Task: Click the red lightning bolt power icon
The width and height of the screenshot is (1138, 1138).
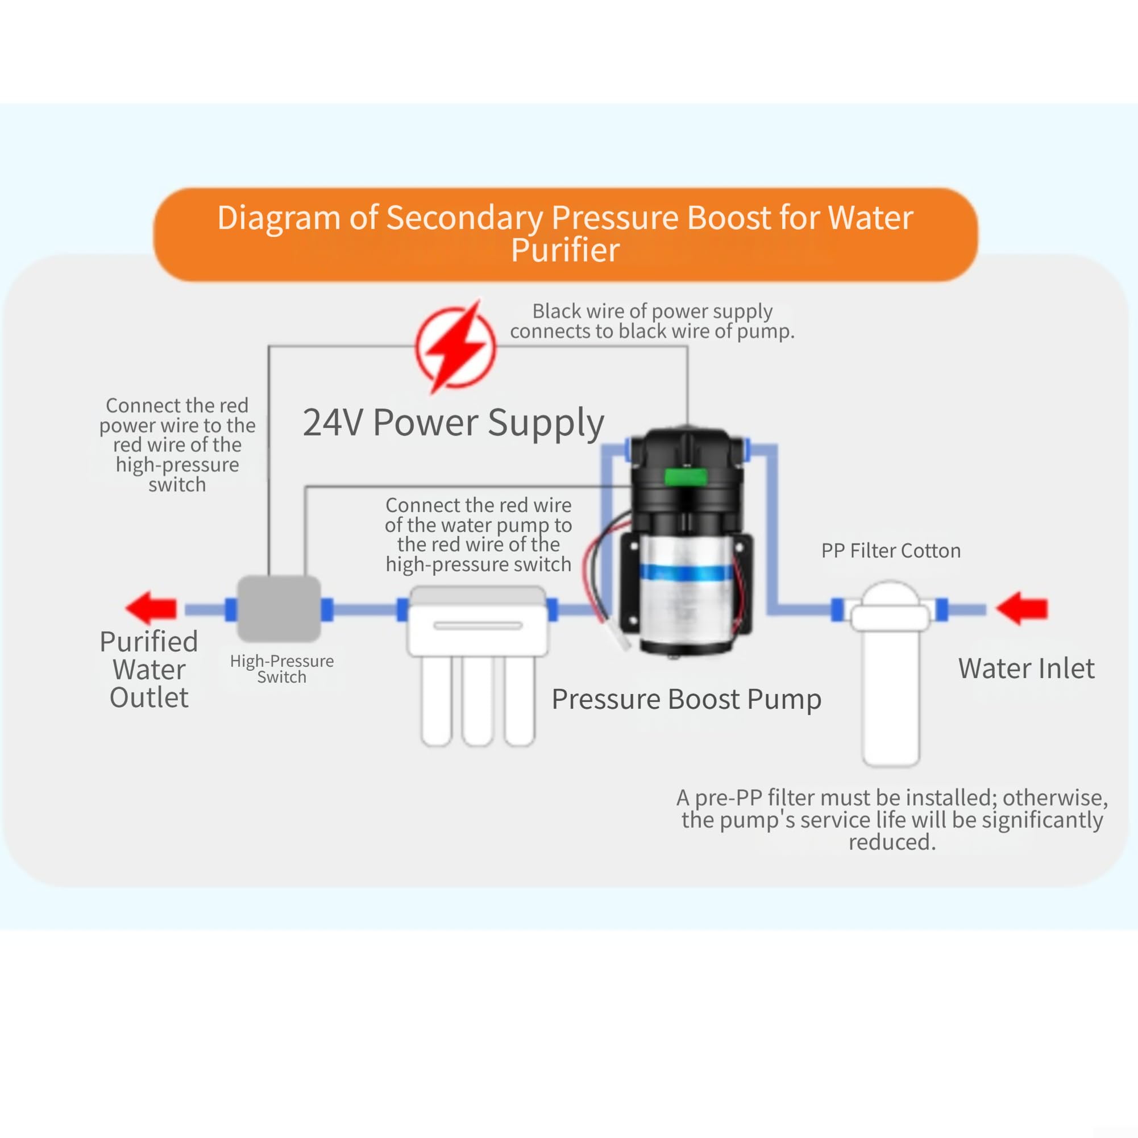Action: pos(455,346)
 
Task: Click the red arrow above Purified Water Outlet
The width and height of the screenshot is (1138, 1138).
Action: pos(151,608)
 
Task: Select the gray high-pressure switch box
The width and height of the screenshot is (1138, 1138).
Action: pos(279,608)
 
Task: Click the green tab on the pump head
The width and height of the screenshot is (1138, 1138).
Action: pos(685,476)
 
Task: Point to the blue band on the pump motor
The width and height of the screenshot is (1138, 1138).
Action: pos(686,572)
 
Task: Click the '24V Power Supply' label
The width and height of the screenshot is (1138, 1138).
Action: pos(454,423)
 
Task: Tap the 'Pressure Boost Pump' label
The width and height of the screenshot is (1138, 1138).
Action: pos(686,699)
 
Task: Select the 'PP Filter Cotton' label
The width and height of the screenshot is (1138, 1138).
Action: pos(891,550)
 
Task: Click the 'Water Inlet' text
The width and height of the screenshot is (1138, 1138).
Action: pos(1026,668)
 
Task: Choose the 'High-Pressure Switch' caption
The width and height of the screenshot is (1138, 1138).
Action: pos(281,668)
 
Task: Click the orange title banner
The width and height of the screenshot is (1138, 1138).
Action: pos(566,234)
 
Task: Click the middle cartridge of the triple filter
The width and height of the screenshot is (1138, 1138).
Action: pos(477,701)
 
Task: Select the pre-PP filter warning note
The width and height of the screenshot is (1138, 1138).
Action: pos(892,819)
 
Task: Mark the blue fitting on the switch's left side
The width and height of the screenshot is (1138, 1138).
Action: pos(231,609)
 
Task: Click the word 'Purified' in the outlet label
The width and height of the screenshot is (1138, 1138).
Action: pos(148,641)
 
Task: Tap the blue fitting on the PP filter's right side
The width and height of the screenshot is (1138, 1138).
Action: pos(941,609)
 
